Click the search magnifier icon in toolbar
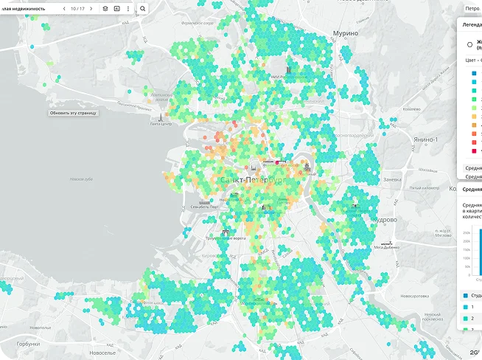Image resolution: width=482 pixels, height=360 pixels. (142, 8)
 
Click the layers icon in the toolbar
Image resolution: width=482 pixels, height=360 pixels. (105, 8)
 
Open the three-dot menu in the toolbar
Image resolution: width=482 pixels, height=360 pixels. (128, 8)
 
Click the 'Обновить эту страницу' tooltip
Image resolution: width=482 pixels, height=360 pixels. (73, 113)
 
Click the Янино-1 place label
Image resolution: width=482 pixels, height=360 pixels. (425, 139)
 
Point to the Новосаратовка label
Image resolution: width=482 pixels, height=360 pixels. (414, 296)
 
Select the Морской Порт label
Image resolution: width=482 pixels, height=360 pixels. (204, 207)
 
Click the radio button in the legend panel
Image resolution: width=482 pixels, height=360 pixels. (469, 44)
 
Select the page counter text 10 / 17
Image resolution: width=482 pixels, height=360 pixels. (77, 8)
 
